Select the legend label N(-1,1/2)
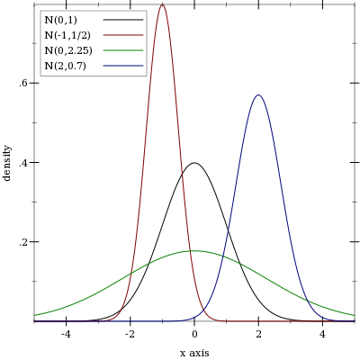(67, 35)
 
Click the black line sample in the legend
(123, 20)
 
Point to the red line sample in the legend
(123, 35)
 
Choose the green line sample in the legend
(123, 50)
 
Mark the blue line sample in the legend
(123, 66)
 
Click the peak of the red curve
(162, 4)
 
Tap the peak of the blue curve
(258, 95)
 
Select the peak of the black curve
(194, 163)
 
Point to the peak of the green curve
(194, 250)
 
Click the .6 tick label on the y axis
(24, 83)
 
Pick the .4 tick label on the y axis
(24, 163)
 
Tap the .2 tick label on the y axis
(24, 242)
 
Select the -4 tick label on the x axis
(66, 334)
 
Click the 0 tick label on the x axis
(194, 334)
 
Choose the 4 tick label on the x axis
(322, 334)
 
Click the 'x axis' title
(194, 353)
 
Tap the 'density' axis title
(7, 163)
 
